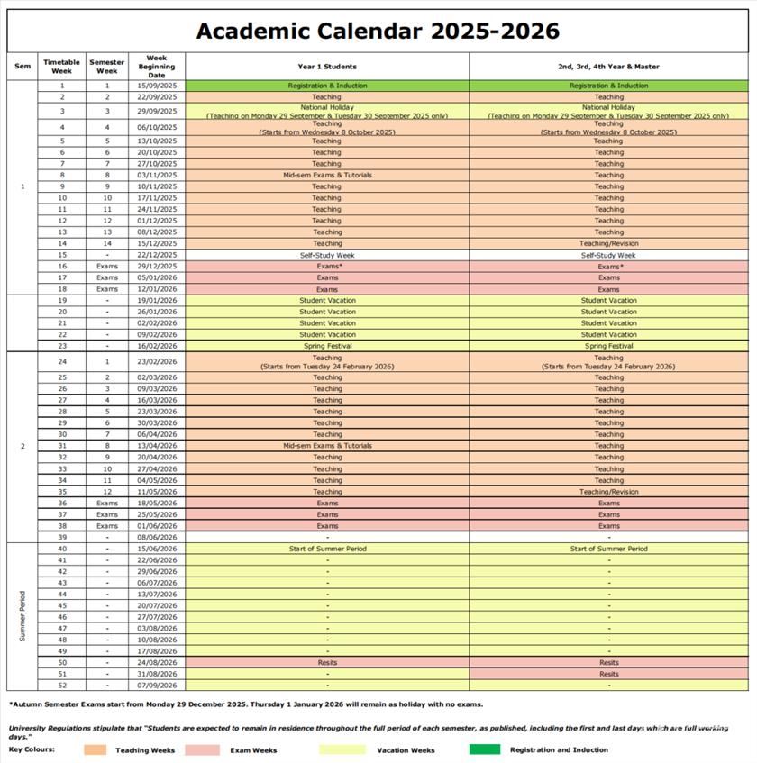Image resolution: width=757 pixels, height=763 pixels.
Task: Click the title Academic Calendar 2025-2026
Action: click(x=378, y=31)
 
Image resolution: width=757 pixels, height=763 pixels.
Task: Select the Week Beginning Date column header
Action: click(x=157, y=66)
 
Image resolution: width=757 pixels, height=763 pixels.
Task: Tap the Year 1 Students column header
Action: click(x=327, y=66)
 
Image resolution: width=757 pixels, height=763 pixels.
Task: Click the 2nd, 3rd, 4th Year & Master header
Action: click(x=608, y=66)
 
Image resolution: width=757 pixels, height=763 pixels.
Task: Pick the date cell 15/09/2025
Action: click(x=157, y=86)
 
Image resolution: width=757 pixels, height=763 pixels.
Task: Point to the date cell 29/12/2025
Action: click(x=157, y=267)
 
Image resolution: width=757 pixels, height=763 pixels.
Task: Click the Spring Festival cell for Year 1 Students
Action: click(x=327, y=346)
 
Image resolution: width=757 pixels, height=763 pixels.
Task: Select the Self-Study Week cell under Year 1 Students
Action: click(x=327, y=255)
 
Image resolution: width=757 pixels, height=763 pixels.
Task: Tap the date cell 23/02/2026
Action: click(x=157, y=362)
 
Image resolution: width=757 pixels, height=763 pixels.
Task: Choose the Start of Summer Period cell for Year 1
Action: click(x=327, y=549)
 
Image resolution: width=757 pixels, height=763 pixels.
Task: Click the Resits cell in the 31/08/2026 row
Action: click(x=608, y=674)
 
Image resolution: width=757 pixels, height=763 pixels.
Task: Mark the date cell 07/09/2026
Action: click(x=157, y=686)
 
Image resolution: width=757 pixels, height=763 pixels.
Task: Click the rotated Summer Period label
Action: click(x=23, y=616)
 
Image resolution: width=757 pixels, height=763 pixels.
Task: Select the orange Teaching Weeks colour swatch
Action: click(x=95, y=749)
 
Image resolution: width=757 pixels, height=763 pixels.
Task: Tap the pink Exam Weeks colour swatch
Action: click(x=202, y=749)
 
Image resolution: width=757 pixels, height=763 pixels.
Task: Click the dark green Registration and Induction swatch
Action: click(x=484, y=749)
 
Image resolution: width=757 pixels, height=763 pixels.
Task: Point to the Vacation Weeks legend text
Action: click(x=406, y=749)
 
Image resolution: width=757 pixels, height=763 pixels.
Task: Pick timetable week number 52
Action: click(x=62, y=686)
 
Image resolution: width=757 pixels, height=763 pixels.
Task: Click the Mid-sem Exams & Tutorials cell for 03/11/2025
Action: click(x=327, y=175)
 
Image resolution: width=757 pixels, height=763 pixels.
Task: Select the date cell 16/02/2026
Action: click(x=157, y=346)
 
